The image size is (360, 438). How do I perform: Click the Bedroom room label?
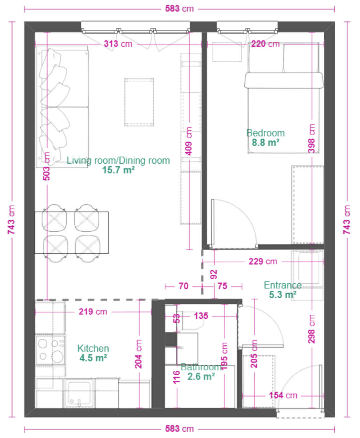click(x=265, y=133)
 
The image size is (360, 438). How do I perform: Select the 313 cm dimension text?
click(x=118, y=44)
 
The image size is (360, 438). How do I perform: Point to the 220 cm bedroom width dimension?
click(x=265, y=44)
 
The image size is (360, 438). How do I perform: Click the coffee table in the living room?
click(x=139, y=102)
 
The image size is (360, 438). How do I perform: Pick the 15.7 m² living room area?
click(x=118, y=170)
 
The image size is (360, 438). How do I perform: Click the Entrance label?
click(x=283, y=285)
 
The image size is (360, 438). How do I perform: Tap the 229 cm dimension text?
click(x=263, y=261)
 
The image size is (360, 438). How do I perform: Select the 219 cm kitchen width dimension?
click(x=93, y=312)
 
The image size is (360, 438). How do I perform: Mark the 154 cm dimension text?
click(x=283, y=395)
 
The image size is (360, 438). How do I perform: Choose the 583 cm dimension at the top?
click(x=179, y=9)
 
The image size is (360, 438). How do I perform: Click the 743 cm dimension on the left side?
click(x=11, y=220)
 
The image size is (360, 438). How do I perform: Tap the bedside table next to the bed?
click(x=227, y=52)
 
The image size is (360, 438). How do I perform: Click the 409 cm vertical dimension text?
click(x=189, y=141)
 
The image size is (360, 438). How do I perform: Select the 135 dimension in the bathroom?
click(x=201, y=316)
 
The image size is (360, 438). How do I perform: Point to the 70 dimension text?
click(x=183, y=286)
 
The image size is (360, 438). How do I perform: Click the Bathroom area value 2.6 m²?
click(x=201, y=376)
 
